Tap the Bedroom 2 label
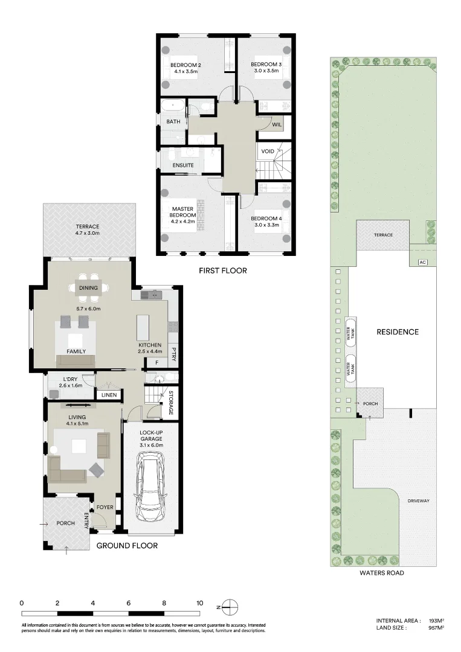click(185, 65)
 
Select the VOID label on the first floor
click(268, 151)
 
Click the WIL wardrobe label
click(277, 124)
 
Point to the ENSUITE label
click(183, 165)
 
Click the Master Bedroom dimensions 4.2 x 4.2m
click(183, 222)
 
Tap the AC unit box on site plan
click(422, 262)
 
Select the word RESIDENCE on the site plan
click(398, 332)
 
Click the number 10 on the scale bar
click(199, 602)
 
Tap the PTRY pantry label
click(173, 353)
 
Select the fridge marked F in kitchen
click(156, 363)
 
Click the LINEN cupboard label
click(109, 395)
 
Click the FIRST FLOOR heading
click(223, 270)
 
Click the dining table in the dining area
click(88, 289)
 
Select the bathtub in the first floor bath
click(175, 105)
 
